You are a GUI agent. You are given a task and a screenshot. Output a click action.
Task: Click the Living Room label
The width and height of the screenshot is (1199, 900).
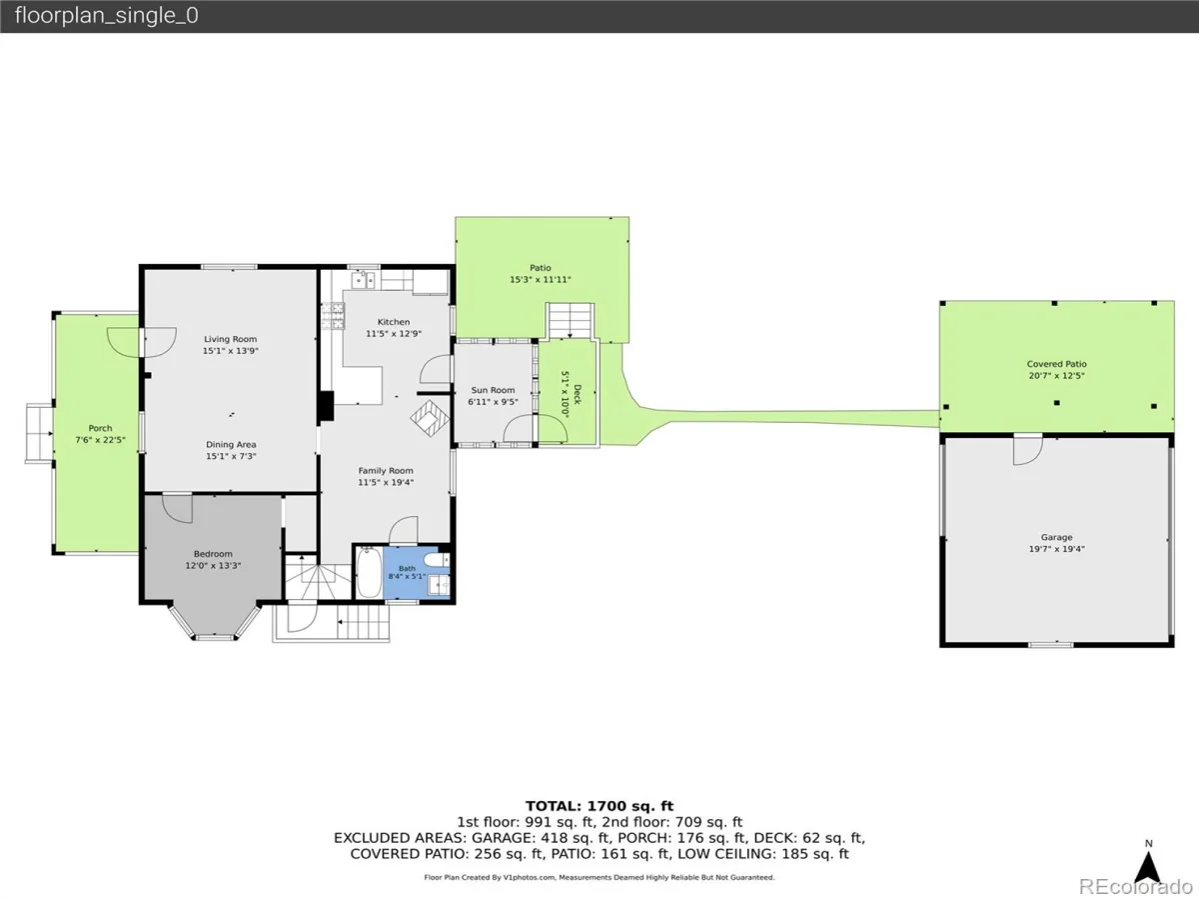230,339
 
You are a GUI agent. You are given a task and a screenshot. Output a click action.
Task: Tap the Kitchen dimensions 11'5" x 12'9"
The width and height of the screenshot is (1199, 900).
394,334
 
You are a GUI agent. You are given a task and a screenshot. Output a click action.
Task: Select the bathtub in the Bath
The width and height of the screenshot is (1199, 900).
370,573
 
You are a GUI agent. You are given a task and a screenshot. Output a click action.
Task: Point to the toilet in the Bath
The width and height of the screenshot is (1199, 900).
437,560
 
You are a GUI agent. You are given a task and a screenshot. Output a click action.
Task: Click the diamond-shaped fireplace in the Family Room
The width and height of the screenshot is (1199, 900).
430,418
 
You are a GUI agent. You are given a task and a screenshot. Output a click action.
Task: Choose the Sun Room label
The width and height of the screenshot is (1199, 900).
493,390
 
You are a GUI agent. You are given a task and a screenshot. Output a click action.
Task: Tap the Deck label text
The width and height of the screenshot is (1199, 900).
578,395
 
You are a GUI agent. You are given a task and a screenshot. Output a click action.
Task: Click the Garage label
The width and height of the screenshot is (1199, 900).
1056,538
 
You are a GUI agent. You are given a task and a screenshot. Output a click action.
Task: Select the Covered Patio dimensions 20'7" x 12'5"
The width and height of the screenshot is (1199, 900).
1056,376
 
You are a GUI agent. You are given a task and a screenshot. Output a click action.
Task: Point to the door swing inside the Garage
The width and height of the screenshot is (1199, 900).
1028,451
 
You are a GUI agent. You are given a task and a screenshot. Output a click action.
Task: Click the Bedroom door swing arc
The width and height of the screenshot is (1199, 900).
178,509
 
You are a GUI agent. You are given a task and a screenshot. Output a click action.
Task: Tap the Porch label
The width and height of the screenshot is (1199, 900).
100,428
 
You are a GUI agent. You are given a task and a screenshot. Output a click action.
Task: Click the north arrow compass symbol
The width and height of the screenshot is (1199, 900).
1149,864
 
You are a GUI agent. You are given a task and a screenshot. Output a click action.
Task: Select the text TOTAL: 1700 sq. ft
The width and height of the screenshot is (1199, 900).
599,806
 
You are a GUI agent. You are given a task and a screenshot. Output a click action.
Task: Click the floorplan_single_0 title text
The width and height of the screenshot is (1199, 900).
107,15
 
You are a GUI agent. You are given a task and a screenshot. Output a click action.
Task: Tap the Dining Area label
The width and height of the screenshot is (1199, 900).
231,445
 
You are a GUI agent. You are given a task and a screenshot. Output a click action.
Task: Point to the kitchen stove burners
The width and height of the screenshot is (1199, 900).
333,316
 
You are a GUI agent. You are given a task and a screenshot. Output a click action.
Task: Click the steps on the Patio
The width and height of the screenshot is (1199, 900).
571,320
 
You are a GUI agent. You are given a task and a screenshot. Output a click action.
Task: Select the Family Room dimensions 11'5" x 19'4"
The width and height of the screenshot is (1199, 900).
386,483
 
